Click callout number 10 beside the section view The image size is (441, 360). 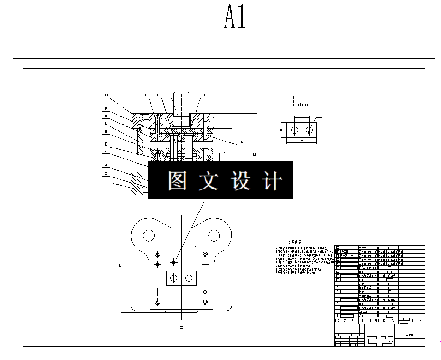[106, 96]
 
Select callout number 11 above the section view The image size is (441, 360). [145, 95]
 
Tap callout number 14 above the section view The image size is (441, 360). [203, 95]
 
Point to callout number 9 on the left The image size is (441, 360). [106, 108]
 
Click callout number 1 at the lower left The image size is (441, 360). [106, 181]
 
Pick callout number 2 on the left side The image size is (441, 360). [106, 173]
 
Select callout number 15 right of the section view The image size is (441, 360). [241, 142]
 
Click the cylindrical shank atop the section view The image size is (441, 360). [182, 104]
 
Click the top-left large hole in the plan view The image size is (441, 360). [148, 235]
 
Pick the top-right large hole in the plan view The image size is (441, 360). [213, 235]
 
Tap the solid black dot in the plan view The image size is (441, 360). [174, 262]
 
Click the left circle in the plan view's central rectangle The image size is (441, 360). [174, 278]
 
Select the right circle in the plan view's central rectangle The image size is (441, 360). [188, 278]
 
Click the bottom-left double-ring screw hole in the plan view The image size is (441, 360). [158, 302]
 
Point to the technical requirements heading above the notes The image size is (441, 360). [295, 242]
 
